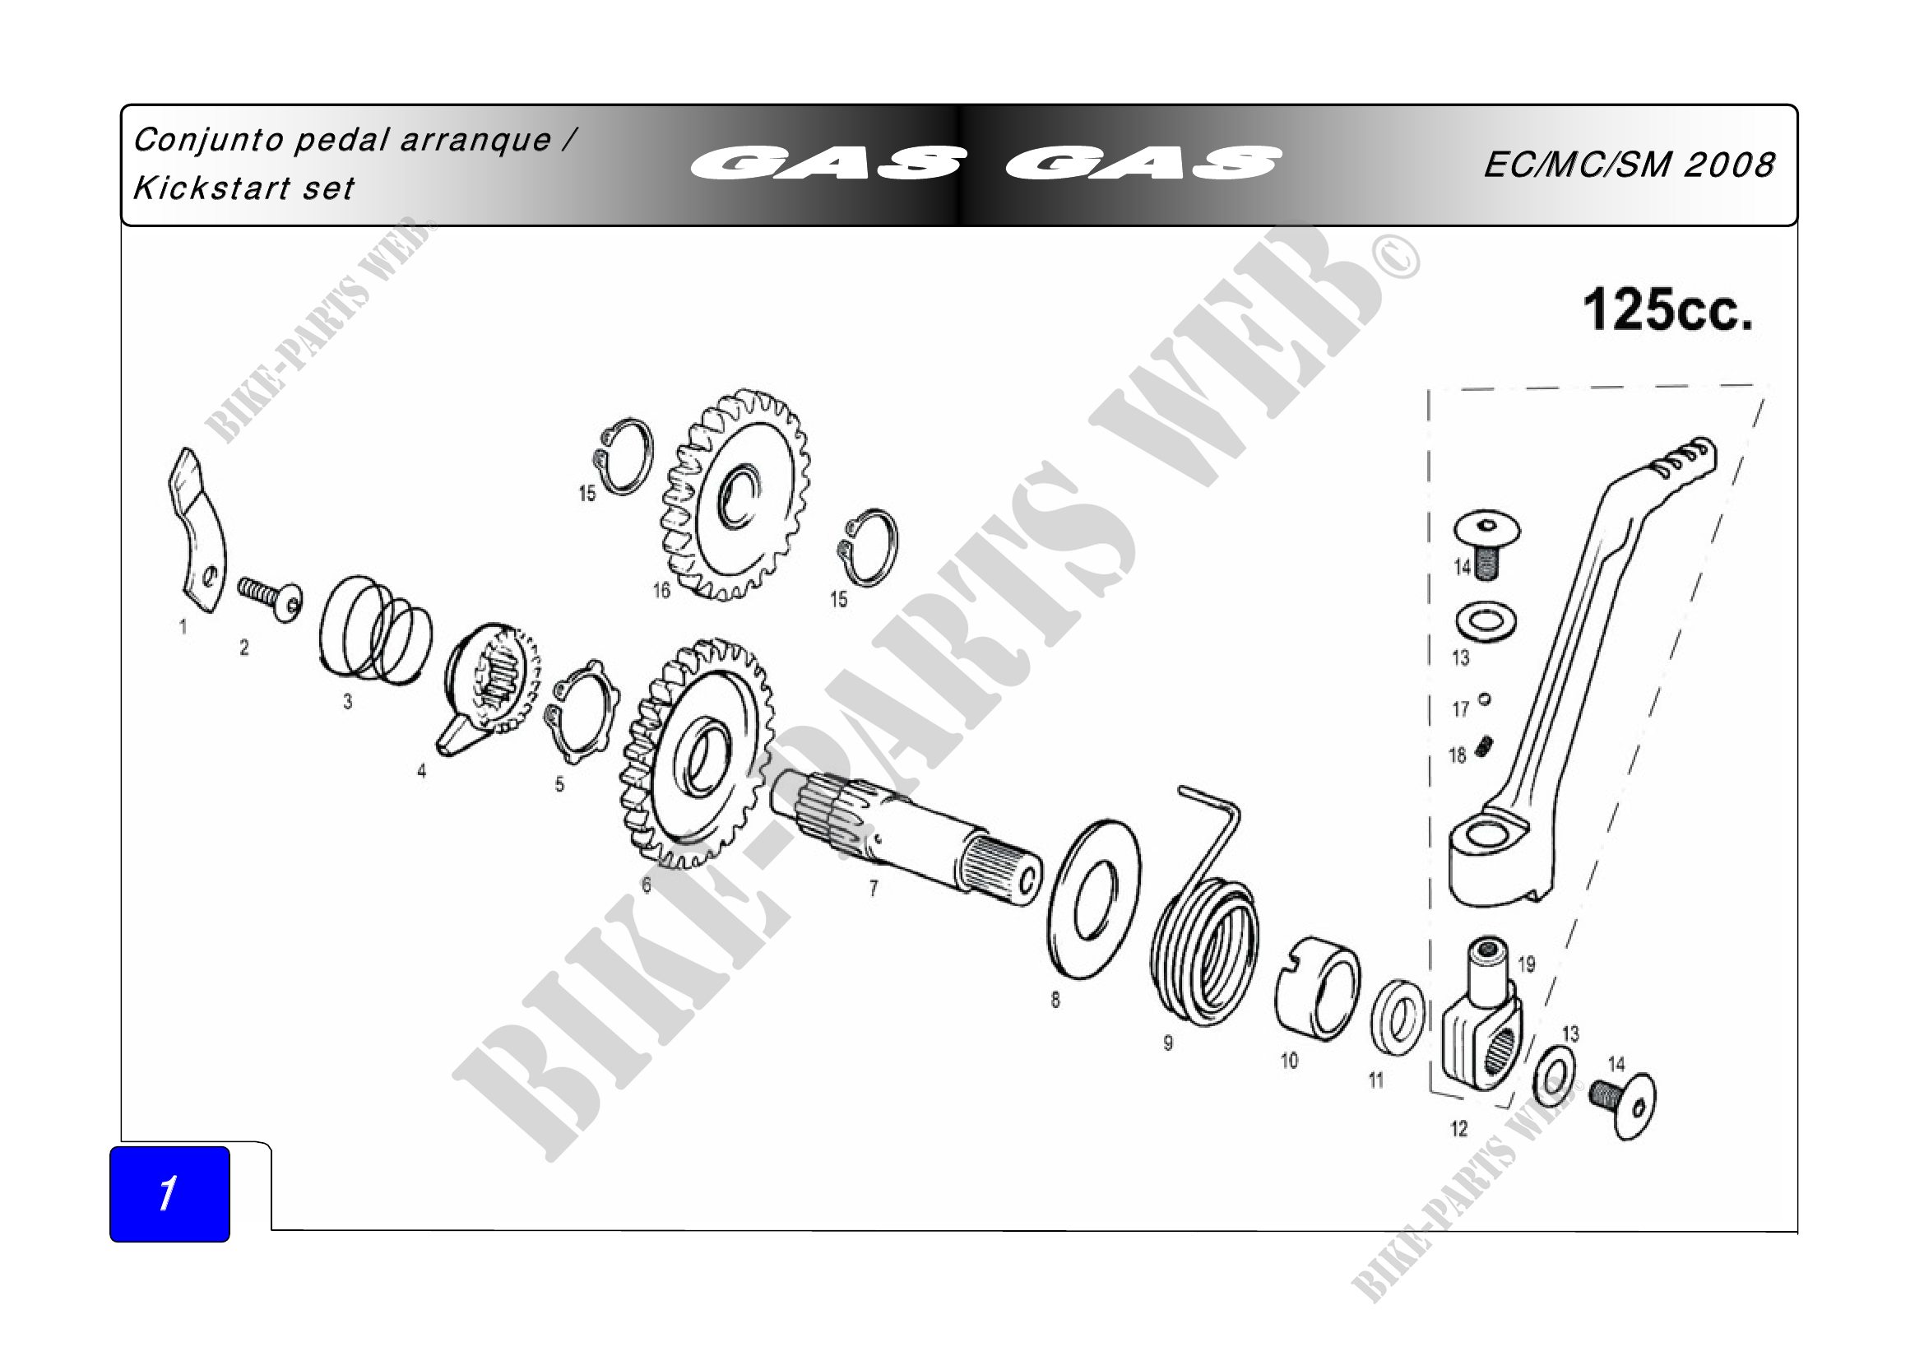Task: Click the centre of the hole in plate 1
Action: click(210, 577)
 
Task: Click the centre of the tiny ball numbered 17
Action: click(1485, 698)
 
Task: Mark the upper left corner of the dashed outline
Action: click(1430, 391)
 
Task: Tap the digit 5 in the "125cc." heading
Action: click(1645, 310)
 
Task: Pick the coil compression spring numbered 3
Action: click(375, 629)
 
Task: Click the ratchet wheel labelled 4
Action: click(489, 687)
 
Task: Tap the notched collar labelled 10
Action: click(1318, 989)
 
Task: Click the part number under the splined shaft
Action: click(874, 889)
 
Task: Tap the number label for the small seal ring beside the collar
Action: click(1376, 1080)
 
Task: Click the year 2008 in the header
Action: click(1729, 165)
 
